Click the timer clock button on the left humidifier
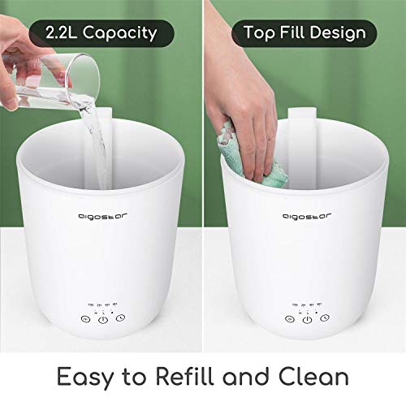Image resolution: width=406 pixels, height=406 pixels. pos(121,320)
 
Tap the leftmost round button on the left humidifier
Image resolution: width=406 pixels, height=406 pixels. pos(84,320)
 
